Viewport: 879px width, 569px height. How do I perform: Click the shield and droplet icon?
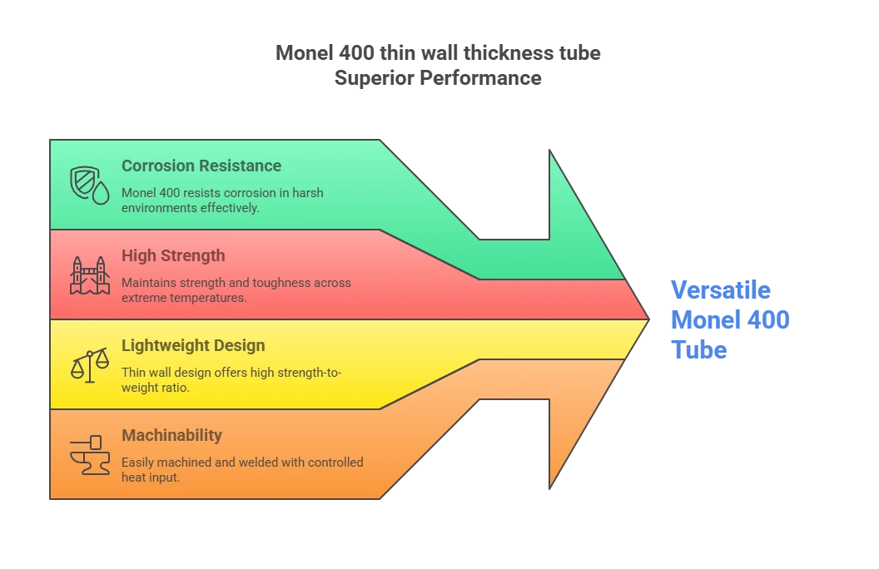(x=90, y=186)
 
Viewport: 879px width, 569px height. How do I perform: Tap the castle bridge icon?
(x=90, y=275)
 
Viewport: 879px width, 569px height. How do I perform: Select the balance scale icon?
(x=90, y=365)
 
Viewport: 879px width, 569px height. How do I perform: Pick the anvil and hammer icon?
(x=90, y=455)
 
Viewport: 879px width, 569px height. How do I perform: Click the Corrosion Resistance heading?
(x=201, y=166)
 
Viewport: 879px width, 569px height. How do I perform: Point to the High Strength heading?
(x=173, y=256)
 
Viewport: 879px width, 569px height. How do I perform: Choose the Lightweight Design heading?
(x=193, y=345)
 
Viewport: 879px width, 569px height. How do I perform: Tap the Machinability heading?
(x=171, y=435)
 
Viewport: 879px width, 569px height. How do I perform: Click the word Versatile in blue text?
(x=721, y=290)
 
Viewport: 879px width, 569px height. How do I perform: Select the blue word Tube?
(x=699, y=350)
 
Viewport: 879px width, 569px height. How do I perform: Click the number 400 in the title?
(x=356, y=52)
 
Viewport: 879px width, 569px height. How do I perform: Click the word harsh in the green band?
(x=308, y=193)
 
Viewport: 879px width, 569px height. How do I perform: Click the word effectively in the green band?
(x=230, y=208)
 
